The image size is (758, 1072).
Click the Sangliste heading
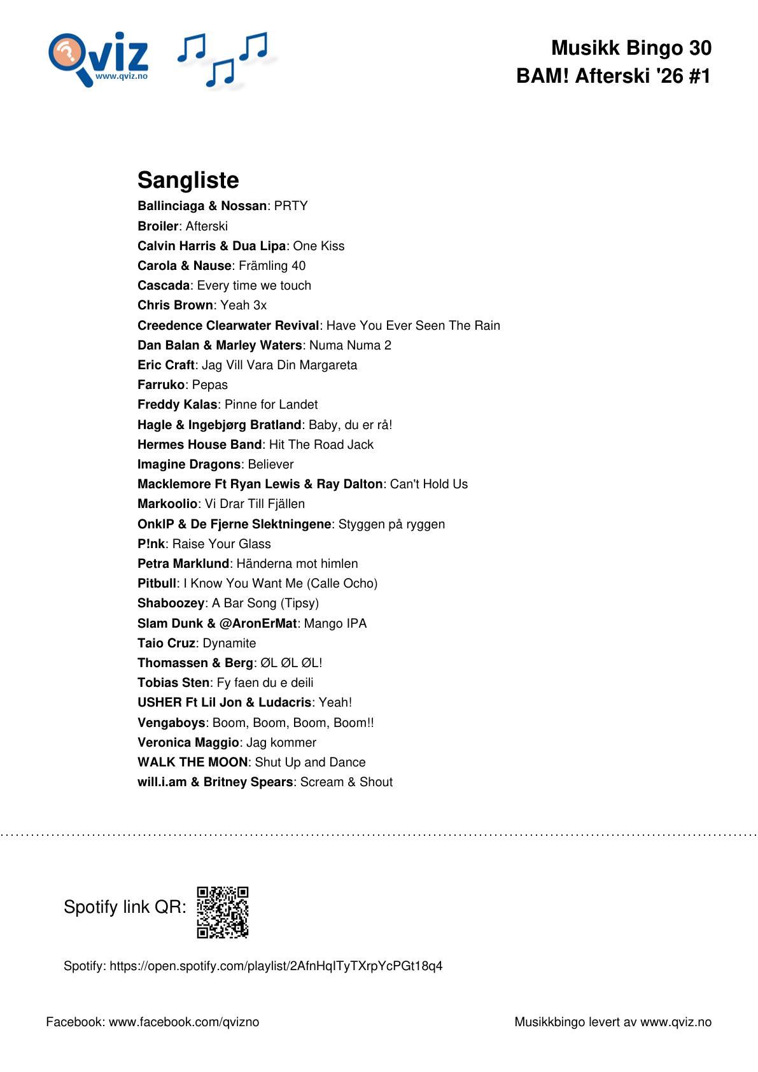[188, 180]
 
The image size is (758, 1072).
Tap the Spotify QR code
[222, 912]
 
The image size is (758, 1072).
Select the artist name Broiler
[158, 226]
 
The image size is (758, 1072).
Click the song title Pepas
[209, 384]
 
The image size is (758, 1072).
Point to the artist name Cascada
[164, 285]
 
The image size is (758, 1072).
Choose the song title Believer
[270, 464]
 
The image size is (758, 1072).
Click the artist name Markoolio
[167, 504]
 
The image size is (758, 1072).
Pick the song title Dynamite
[229, 643]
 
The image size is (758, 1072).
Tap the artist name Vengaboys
[171, 723]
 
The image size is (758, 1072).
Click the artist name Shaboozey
[171, 603]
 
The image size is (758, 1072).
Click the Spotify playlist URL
[276, 966]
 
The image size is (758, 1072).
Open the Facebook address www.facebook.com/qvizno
[184, 1022]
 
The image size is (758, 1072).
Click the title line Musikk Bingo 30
[631, 48]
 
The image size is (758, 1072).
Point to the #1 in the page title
[699, 76]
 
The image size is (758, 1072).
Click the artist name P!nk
[151, 544]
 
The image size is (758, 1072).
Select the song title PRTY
[291, 206]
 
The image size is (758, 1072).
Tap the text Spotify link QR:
[125, 906]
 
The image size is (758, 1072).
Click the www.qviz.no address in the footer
[675, 1022]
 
